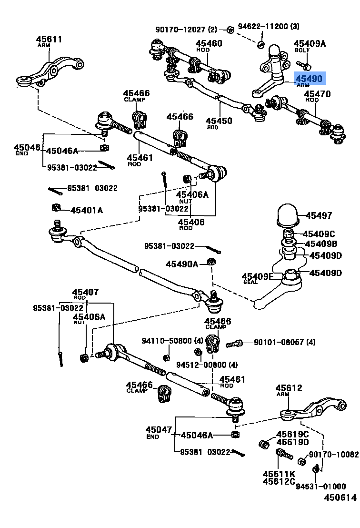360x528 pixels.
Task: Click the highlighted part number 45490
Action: click(x=310, y=78)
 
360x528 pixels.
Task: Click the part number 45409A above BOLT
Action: click(x=310, y=43)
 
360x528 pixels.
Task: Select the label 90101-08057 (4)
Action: click(x=284, y=342)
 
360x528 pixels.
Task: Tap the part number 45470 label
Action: click(x=317, y=94)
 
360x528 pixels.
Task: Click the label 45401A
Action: click(x=87, y=210)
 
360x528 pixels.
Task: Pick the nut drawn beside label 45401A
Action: click(x=56, y=207)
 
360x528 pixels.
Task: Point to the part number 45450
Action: click(x=219, y=121)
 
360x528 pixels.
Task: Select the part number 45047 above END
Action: click(x=159, y=430)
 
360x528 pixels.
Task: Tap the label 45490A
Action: click(x=182, y=264)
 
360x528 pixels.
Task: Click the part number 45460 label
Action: click(x=209, y=43)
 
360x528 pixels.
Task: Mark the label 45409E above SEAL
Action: click(x=258, y=276)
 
